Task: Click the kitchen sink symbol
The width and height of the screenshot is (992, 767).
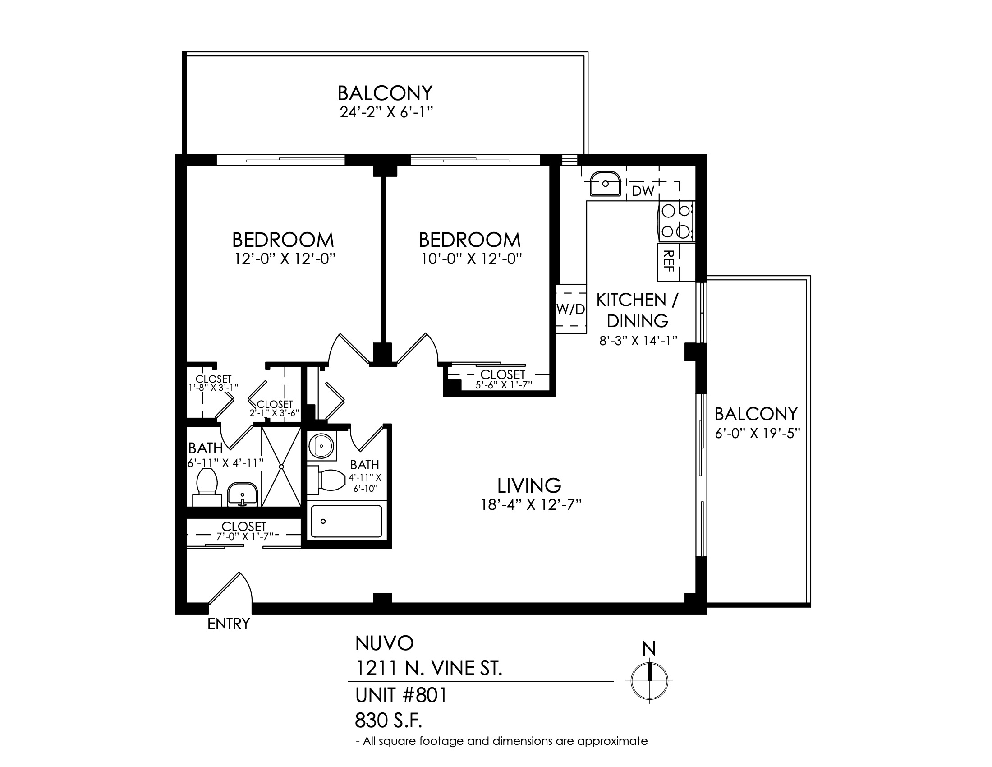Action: click(x=605, y=184)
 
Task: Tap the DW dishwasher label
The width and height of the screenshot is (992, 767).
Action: click(x=643, y=191)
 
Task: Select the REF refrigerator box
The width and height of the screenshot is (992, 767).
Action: click(x=676, y=262)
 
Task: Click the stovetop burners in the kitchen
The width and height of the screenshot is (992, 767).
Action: click(x=676, y=221)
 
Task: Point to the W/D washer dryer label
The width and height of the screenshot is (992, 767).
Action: click(x=571, y=310)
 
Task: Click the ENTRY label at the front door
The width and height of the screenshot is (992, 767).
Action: click(x=229, y=624)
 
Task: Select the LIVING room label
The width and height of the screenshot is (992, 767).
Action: click(x=529, y=486)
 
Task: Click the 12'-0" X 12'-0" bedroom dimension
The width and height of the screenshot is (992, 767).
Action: click(x=285, y=259)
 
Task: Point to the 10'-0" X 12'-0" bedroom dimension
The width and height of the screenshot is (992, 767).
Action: click(x=471, y=259)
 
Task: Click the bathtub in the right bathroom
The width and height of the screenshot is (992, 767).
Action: click(x=347, y=521)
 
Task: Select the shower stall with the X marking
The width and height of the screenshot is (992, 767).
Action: click(x=281, y=466)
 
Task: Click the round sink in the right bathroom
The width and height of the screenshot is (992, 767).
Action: click(x=321, y=446)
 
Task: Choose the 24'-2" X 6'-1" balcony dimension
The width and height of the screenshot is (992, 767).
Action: click(x=385, y=112)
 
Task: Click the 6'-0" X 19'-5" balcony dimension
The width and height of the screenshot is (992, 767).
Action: click(x=757, y=434)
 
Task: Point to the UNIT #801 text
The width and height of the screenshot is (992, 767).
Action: click(x=401, y=695)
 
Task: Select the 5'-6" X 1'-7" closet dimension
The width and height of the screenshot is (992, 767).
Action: click(x=503, y=385)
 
